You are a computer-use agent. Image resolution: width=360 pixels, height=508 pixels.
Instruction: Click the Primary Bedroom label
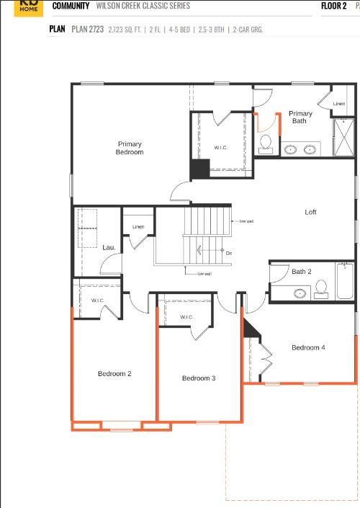(x=130, y=148)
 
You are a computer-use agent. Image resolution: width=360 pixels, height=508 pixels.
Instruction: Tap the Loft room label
(x=310, y=212)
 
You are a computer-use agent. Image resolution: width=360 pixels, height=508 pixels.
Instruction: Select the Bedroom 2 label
(x=114, y=373)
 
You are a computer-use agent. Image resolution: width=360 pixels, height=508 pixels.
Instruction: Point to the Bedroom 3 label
(x=199, y=378)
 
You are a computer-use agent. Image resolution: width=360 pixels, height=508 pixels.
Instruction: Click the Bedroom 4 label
(x=308, y=347)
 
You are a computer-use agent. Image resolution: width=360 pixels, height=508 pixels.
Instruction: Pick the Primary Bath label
(x=300, y=117)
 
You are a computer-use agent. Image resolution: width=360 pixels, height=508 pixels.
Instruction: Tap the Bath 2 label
(x=301, y=272)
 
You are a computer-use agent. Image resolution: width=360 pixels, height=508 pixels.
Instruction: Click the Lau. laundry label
(x=109, y=247)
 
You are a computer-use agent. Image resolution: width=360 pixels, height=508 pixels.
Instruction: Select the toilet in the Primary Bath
(x=266, y=143)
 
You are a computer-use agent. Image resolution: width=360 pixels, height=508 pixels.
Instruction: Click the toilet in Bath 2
(x=321, y=289)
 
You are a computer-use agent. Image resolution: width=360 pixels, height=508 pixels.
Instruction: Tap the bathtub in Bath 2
(x=344, y=282)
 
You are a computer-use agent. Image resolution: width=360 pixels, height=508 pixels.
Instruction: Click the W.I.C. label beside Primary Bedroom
(x=221, y=148)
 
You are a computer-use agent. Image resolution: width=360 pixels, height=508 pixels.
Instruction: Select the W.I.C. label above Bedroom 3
(x=186, y=317)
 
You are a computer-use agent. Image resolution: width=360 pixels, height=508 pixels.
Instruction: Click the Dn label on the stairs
(x=228, y=253)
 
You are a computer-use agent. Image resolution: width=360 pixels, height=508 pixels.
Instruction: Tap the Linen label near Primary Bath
(x=338, y=104)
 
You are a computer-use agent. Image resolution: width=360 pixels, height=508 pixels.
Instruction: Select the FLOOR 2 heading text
(x=333, y=6)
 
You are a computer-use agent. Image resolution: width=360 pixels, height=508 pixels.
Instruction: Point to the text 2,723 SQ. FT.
(x=125, y=30)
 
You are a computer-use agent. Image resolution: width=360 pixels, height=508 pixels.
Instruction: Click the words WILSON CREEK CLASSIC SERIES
(x=144, y=6)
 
